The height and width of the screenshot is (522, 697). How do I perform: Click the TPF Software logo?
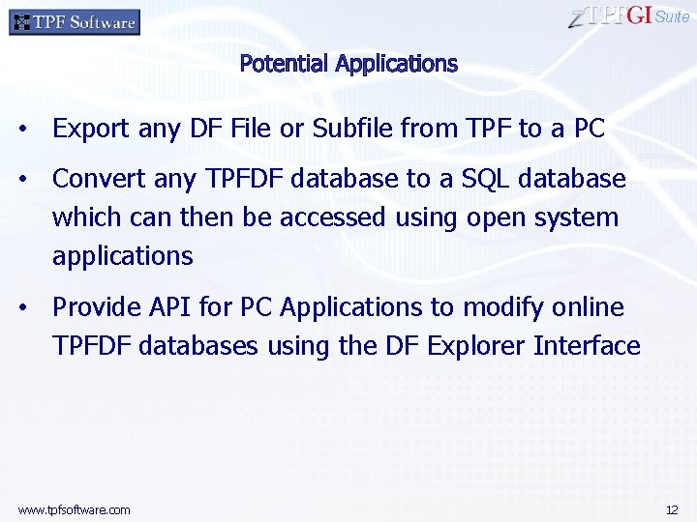[x=75, y=21]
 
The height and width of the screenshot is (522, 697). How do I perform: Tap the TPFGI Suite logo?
[x=630, y=16]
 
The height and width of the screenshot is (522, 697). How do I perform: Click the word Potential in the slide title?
[x=285, y=64]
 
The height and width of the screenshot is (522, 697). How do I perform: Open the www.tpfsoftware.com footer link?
[x=74, y=509]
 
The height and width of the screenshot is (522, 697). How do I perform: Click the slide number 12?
[x=672, y=509]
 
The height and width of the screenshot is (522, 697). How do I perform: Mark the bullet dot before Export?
[x=33, y=130]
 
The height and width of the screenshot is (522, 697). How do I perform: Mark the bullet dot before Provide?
[x=33, y=308]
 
